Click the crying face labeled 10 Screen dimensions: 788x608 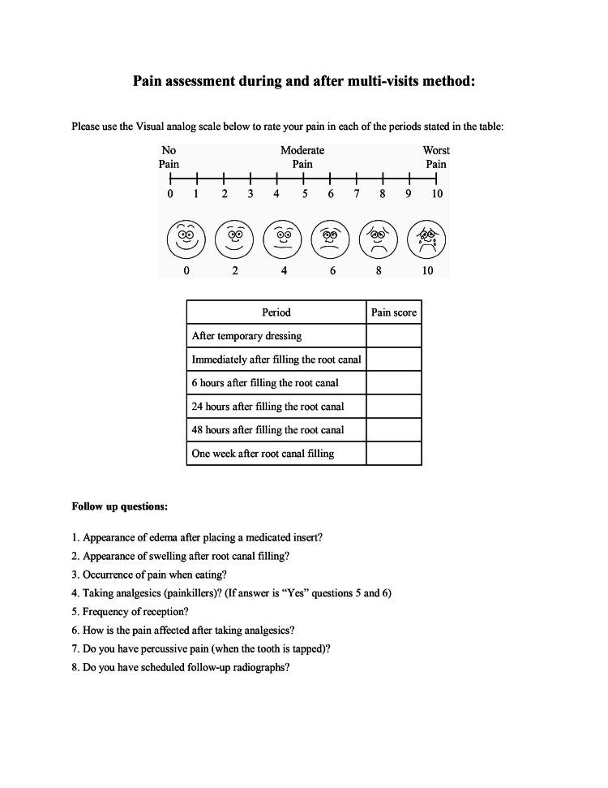pyautogui.click(x=427, y=239)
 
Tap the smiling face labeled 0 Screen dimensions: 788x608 pyautogui.click(x=186, y=239)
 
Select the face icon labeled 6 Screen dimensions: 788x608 pyautogui.click(x=331, y=239)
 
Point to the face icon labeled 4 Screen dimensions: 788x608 pyautogui.click(x=283, y=239)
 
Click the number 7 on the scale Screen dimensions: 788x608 pyautogui.click(x=356, y=194)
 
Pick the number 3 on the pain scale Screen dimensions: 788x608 pyautogui.click(x=250, y=194)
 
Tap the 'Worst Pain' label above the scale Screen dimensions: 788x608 pyautogui.click(x=436, y=157)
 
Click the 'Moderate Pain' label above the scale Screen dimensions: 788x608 pyautogui.click(x=302, y=157)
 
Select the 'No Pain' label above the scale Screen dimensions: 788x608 pyautogui.click(x=169, y=157)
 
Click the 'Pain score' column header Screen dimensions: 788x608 pyautogui.click(x=394, y=312)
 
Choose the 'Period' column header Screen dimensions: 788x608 pyautogui.click(x=276, y=312)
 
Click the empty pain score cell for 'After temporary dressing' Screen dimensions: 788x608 pyautogui.click(x=394, y=336)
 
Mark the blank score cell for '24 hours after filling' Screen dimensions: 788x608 pyautogui.click(x=394, y=407)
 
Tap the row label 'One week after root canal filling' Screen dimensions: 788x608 pyautogui.click(x=263, y=454)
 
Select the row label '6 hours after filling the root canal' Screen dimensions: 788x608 pyautogui.click(x=265, y=383)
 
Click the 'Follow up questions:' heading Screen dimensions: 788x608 pyautogui.click(x=120, y=506)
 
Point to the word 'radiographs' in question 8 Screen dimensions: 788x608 pyautogui.click(x=263, y=668)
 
